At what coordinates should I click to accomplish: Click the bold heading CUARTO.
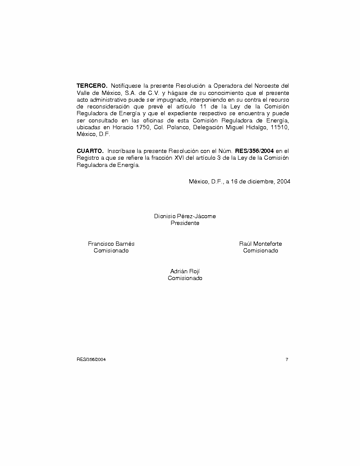[x=90, y=151]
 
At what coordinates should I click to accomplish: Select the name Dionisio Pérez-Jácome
[x=185, y=216]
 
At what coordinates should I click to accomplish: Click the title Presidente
[x=185, y=223]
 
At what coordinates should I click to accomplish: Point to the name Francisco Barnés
[x=111, y=244]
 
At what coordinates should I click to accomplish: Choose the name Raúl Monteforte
[x=260, y=244]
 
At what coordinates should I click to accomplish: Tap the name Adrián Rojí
[x=185, y=271]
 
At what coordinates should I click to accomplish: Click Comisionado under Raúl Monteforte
[x=260, y=251]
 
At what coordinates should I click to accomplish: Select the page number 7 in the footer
[x=287, y=359]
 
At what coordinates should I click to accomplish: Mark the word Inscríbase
[x=121, y=151]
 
